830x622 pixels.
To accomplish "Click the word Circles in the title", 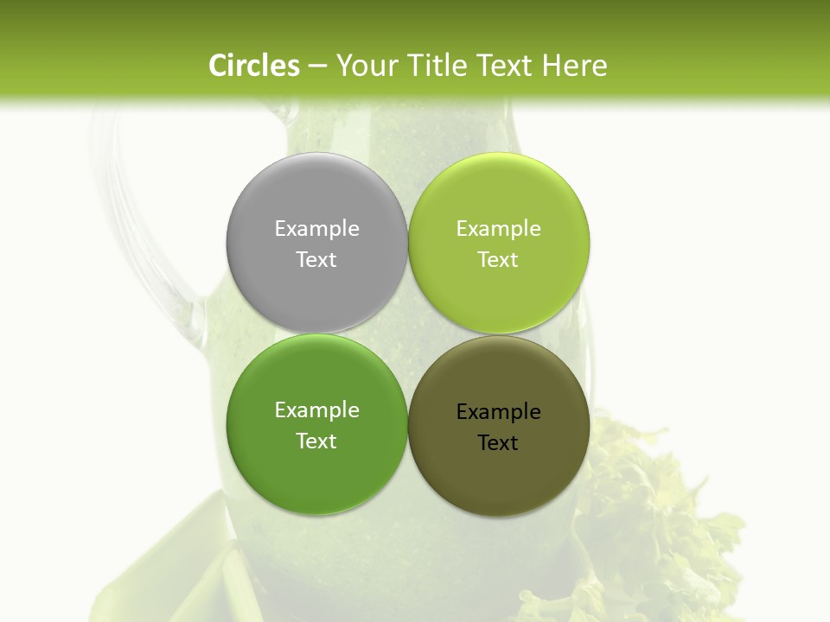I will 254,66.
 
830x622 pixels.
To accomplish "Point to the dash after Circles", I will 317,66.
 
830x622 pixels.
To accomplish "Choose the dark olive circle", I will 498,479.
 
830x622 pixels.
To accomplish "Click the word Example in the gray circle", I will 316,229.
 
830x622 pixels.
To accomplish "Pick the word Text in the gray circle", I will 316,259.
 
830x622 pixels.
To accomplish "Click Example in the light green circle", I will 498,229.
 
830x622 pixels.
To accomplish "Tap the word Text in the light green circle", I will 498,259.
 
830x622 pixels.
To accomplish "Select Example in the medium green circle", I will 316,410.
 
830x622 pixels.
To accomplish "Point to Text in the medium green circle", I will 316,441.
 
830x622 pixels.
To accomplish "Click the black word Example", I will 498,412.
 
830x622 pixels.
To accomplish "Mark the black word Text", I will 498,442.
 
